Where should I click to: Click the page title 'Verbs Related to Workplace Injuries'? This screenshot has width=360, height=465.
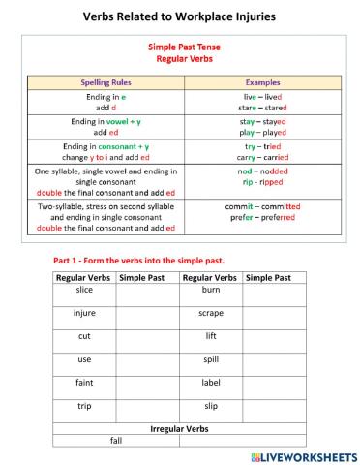click(x=179, y=16)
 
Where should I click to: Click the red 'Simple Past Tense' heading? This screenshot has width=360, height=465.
click(x=180, y=46)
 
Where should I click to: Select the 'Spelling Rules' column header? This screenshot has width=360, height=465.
click(x=114, y=83)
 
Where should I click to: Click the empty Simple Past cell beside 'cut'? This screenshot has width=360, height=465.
click(x=146, y=336)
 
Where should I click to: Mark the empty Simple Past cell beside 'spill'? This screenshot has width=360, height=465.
click(x=274, y=358)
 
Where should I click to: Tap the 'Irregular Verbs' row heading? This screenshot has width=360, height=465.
click(x=179, y=427)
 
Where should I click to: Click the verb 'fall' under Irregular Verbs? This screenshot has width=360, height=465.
click(x=116, y=440)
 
